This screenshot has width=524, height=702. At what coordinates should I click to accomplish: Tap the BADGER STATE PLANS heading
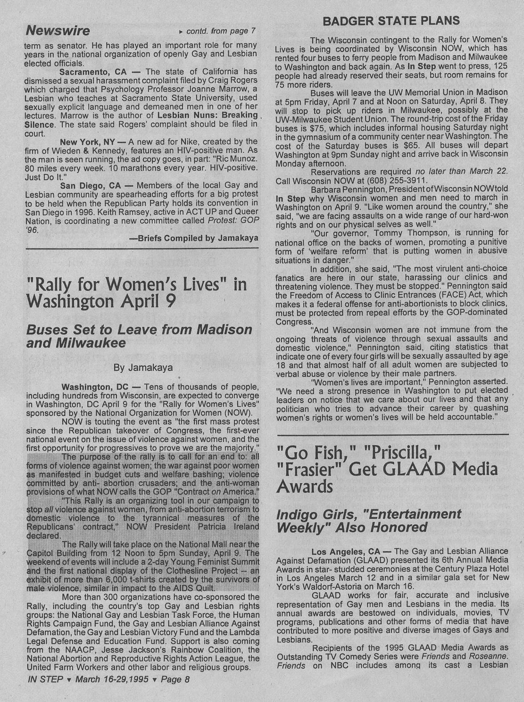click(391, 21)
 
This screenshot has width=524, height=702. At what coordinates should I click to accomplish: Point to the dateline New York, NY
click(90, 141)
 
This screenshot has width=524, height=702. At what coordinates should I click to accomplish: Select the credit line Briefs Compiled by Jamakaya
click(194, 239)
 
